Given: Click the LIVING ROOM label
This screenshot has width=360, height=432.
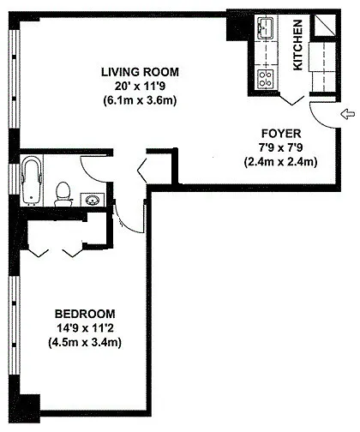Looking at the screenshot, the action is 140,72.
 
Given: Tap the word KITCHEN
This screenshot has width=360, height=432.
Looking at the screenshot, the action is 297,45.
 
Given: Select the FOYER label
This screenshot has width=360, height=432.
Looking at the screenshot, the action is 281,134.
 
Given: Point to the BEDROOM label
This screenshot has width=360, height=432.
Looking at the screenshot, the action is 85,314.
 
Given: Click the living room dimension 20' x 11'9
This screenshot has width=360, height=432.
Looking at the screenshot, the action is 140,86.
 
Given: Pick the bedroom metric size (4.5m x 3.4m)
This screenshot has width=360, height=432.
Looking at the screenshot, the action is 85,342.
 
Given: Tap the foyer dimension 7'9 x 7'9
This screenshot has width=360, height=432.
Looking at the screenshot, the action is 281,147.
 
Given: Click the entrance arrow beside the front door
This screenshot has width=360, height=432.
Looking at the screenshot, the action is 348,114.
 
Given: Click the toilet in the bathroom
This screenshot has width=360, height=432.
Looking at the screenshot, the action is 63,195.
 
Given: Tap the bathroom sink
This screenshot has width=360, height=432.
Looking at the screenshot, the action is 93,200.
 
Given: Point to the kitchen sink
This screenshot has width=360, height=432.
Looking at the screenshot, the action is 266,28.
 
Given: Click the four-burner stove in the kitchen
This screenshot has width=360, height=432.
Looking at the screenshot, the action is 266,79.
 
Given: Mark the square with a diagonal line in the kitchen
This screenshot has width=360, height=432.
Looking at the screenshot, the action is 325,25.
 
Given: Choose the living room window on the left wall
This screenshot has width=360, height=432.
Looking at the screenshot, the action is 15,80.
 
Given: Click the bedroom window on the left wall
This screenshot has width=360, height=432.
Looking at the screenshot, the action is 15,326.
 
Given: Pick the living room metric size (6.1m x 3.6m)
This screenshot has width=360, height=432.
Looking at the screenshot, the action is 140,100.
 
